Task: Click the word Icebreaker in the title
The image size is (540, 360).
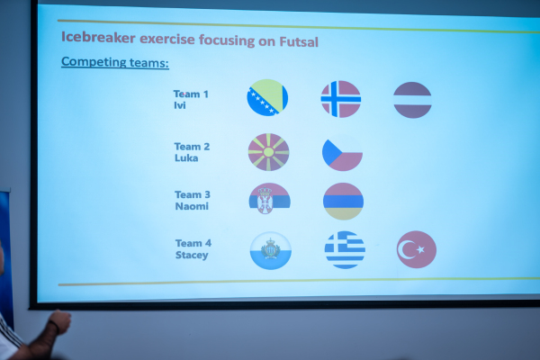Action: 98,37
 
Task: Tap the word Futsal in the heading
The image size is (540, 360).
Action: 299,41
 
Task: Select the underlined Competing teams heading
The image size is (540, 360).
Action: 115,62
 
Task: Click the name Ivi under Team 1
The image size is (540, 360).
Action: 180,105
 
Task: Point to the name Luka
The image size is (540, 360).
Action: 186,157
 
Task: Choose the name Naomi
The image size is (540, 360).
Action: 192,206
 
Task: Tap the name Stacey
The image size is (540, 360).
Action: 192,255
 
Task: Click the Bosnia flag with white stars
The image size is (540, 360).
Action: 267,97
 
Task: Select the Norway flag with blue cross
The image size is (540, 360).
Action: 341,99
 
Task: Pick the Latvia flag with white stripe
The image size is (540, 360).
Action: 412,100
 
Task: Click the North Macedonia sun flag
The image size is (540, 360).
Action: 268,152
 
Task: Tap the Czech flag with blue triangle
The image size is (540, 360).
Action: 342,154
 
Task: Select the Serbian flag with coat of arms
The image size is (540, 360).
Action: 270,199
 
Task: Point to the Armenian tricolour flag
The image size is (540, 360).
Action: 344,202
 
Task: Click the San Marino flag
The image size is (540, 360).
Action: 271,250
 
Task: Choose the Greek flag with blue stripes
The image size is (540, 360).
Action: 345,250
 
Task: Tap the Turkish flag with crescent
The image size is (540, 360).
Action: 417,249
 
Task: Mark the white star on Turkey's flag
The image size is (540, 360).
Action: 420,249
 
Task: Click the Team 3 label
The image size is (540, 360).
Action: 193,194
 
